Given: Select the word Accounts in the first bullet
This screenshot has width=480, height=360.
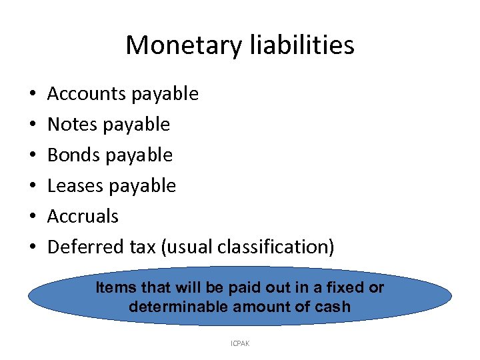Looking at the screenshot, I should click(x=87, y=94).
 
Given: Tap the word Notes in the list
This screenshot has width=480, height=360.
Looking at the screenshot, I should click(x=72, y=125).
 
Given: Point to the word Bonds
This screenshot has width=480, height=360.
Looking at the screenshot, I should click(x=73, y=155).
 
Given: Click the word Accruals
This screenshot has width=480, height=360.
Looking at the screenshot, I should click(x=83, y=217).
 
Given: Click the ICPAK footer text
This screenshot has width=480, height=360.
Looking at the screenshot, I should click(x=239, y=344).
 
